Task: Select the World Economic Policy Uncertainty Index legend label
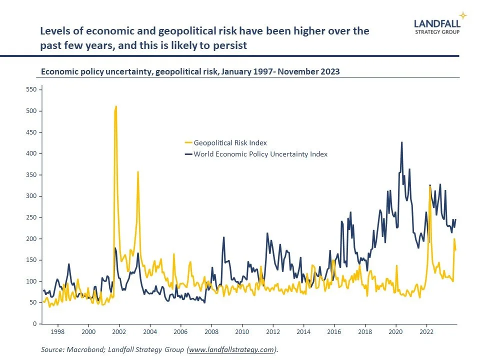click(x=260, y=154)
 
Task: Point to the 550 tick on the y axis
click(x=30, y=89)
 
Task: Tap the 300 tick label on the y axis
click(x=30, y=196)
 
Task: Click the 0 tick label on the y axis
click(x=33, y=324)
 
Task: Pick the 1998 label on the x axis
click(x=57, y=331)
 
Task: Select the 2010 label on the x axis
click(x=242, y=331)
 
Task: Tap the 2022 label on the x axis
click(x=426, y=331)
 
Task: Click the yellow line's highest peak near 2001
click(x=116, y=106)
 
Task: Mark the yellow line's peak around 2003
click(x=138, y=172)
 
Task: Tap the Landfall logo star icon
click(x=463, y=15)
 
